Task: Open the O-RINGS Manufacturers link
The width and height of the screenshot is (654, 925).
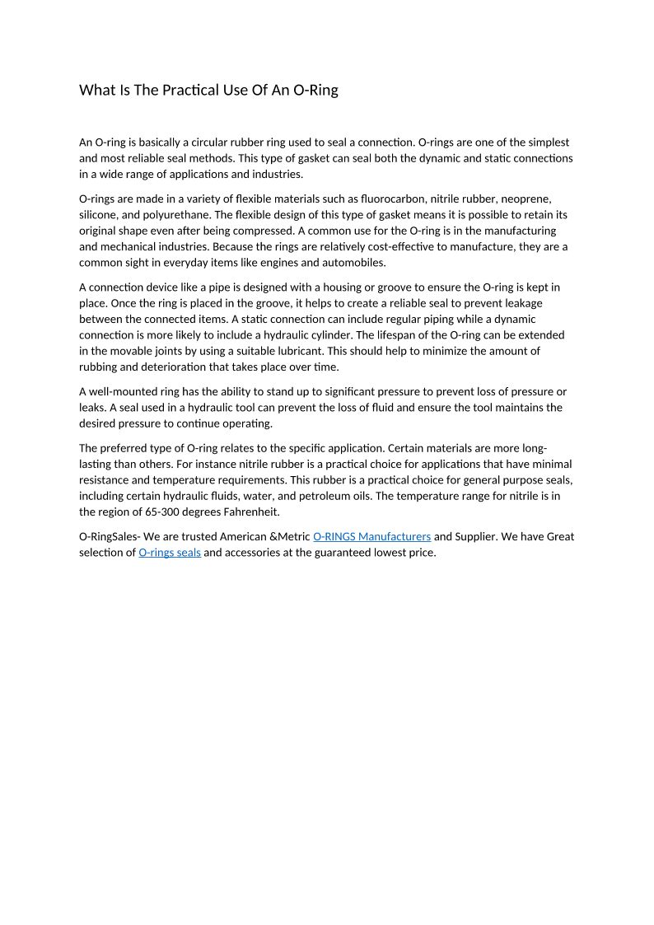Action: pyautogui.click(x=371, y=536)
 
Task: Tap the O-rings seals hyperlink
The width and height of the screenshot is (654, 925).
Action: pyautogui.click(x=170, y=553)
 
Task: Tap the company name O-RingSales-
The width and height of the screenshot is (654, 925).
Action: pyautogui.click(x=110, y=536)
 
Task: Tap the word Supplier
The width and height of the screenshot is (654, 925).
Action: pyautogui.click(x=477, y=536)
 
